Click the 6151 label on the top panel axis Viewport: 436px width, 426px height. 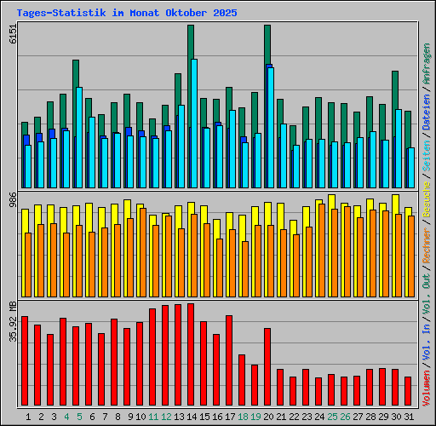(12, 35)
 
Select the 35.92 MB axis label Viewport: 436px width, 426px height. (12, 321)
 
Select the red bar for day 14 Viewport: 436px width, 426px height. (191, 354)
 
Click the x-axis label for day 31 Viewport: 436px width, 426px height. (410, 417)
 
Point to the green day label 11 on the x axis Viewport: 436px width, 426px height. (153, 417)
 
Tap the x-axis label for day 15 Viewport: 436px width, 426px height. (204, 417)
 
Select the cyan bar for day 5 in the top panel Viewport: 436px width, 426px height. (79, 136)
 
